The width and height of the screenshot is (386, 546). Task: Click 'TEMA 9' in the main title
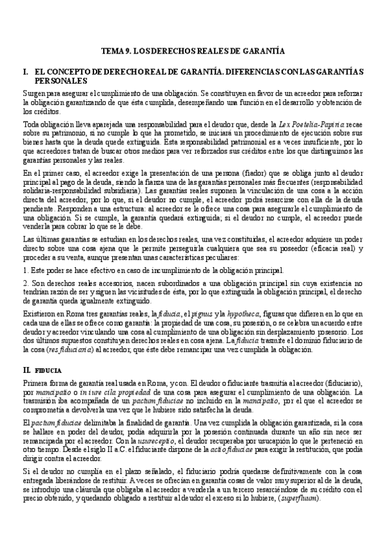pos(119,50)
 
